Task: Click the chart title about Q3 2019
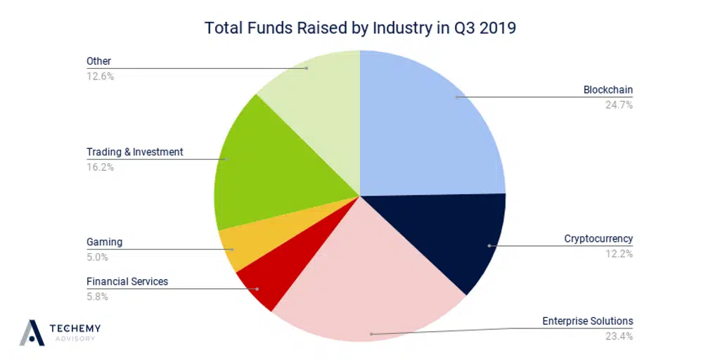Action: (359, 28)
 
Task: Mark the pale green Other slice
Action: (316, 84)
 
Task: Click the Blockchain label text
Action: (608, 90)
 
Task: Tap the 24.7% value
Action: (618, 105)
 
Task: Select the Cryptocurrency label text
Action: (598, 238)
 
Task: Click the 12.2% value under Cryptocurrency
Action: (618, 253)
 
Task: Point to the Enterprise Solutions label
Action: (587, 321)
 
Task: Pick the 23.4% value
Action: (618, 336)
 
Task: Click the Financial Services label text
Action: (127, 281)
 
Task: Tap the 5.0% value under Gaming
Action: (97, 257)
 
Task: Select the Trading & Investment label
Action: (134, 152)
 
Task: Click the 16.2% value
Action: (100, 167)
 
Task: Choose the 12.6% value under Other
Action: (100, 76)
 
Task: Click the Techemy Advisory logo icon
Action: (32, 333)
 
